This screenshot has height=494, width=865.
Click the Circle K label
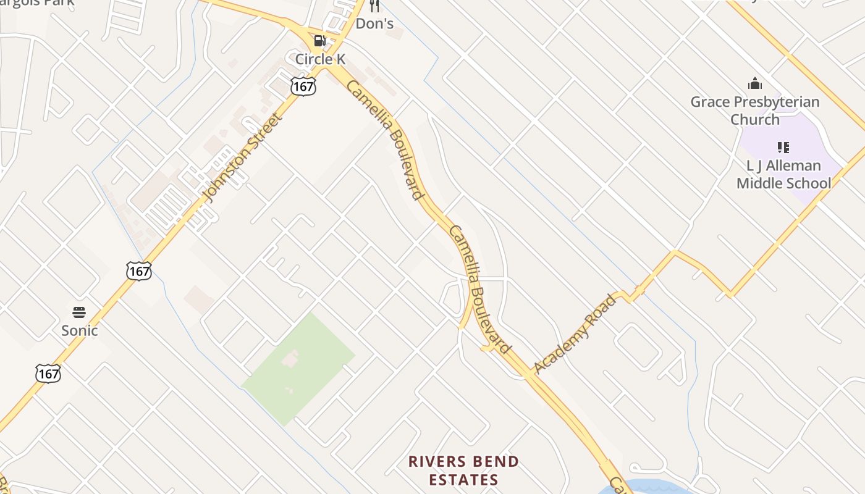click(320, 59)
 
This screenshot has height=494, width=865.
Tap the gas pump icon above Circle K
click(319, 41)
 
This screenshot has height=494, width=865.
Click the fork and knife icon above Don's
click(374, 6)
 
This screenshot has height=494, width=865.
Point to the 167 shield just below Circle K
click(303, 86)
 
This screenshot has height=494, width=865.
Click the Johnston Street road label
click(243, 157)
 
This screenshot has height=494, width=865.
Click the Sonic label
click(79, 330)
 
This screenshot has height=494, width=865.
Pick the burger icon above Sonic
click(78, 312)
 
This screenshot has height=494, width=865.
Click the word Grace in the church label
click(710, 102)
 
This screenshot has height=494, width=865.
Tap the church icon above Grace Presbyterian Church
click(754, 84)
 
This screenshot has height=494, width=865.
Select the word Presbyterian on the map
click(776, 102)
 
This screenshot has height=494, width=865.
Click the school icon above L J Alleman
click(783, 148)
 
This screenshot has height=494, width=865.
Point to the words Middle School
click(783, 183)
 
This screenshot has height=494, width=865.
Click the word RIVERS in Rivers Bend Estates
click(439, 462)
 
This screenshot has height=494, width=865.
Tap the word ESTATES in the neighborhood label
click(463, 480)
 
